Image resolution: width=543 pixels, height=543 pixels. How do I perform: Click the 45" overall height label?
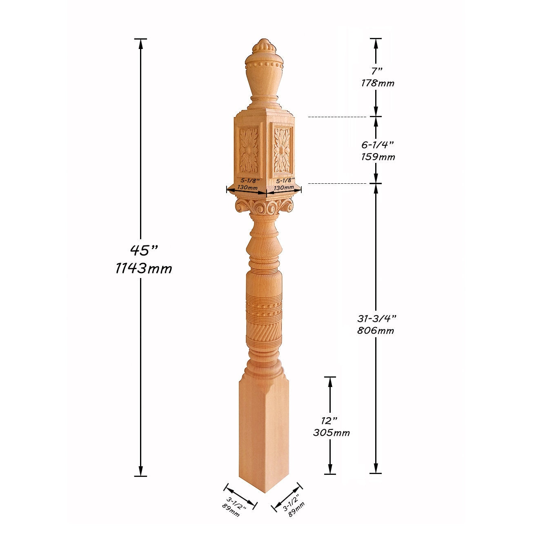[x=144, y=250]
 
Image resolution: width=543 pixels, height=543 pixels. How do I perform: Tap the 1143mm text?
[x=144, y=268]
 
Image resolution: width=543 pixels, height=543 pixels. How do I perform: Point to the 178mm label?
[x=378, y=83]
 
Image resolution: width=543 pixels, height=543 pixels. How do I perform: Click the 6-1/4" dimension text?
[x=377, y=145]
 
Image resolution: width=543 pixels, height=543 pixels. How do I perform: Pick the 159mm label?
[x=378, y=157]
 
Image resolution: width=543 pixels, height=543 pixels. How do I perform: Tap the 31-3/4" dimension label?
[x=377, y=318]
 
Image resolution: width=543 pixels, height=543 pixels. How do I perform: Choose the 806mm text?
[x=375, y=330]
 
